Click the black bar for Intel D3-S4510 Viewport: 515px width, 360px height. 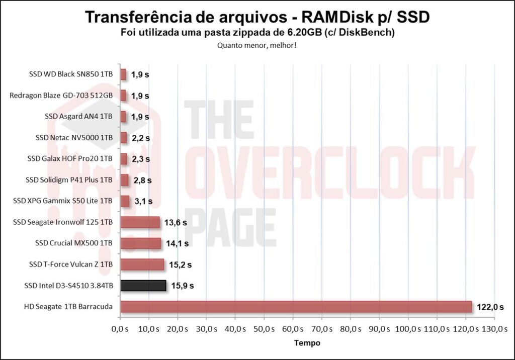click(x=143, y=286)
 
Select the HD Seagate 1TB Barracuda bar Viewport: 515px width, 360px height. click(x=296, y=307)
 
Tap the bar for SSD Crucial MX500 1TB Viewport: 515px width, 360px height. click(x=141, y=243)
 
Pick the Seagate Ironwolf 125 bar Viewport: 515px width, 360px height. click(x=140, y=222)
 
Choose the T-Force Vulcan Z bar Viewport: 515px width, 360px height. click(x=142, y=264)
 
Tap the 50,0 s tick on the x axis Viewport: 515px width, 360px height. click(x=264, y=329)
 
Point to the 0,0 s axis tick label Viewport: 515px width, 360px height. click(x=120, y=329)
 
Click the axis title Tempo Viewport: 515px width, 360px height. click(x=307, y=343)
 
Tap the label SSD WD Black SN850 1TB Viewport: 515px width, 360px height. click(x=71, y=74)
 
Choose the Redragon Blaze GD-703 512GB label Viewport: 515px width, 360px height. click(x=61, y=96)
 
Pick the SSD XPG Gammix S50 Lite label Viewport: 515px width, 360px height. click(x=63, y=201)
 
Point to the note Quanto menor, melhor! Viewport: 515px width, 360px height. click(x=257, y=45)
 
